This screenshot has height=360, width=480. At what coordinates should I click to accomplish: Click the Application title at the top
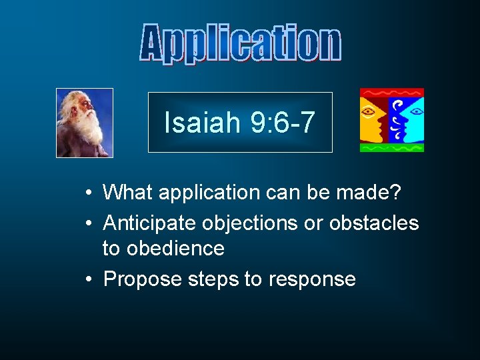tap(241, 43)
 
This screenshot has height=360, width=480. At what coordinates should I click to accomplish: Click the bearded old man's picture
tap(85, 123)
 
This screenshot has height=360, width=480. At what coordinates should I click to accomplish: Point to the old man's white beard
tap(88, 130)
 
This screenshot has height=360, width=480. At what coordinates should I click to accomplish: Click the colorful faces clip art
tap(391, 120)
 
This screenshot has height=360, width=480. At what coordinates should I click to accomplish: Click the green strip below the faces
tap(391, 148)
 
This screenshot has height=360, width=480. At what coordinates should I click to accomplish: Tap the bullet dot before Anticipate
tap(89, 223)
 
